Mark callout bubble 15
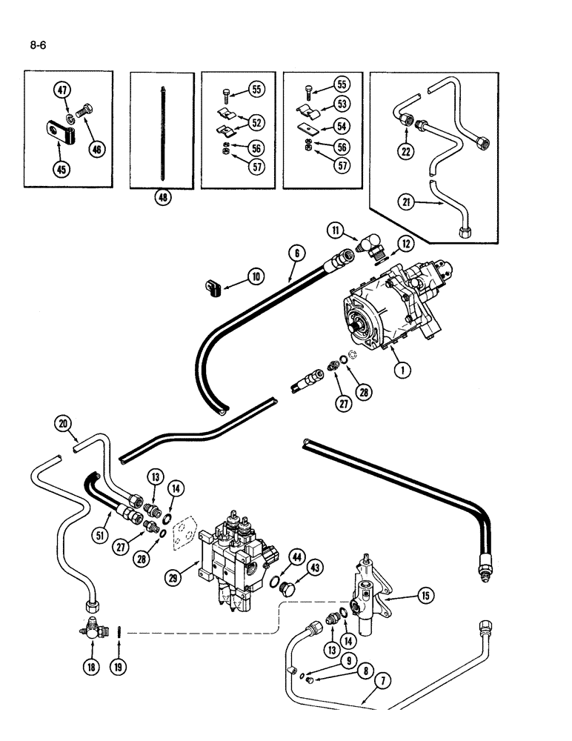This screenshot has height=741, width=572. click(x=425, y=594)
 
